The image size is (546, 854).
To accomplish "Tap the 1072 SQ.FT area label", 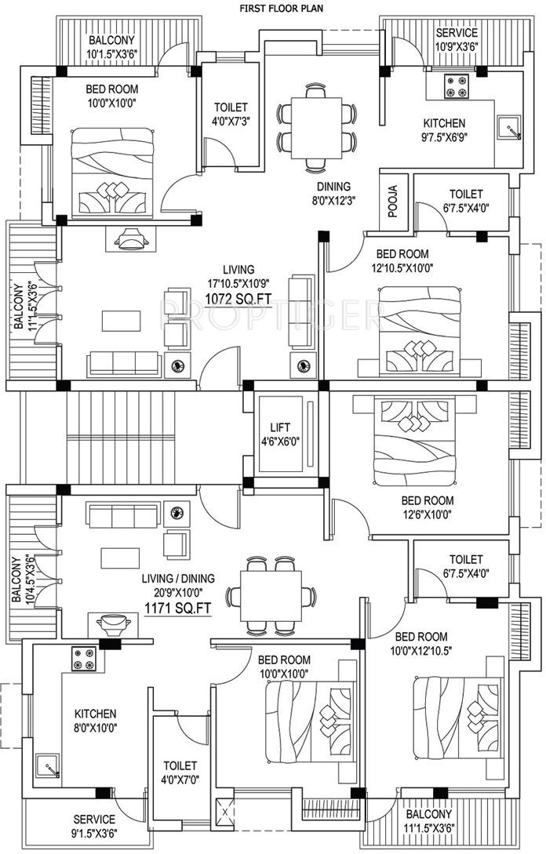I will click(238, 298).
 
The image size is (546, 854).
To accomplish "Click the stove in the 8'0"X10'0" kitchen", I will click(83, 659).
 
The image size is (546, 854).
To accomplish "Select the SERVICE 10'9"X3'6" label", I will click(456, 39).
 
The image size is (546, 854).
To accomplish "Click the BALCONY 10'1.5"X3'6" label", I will click(111, 47).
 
